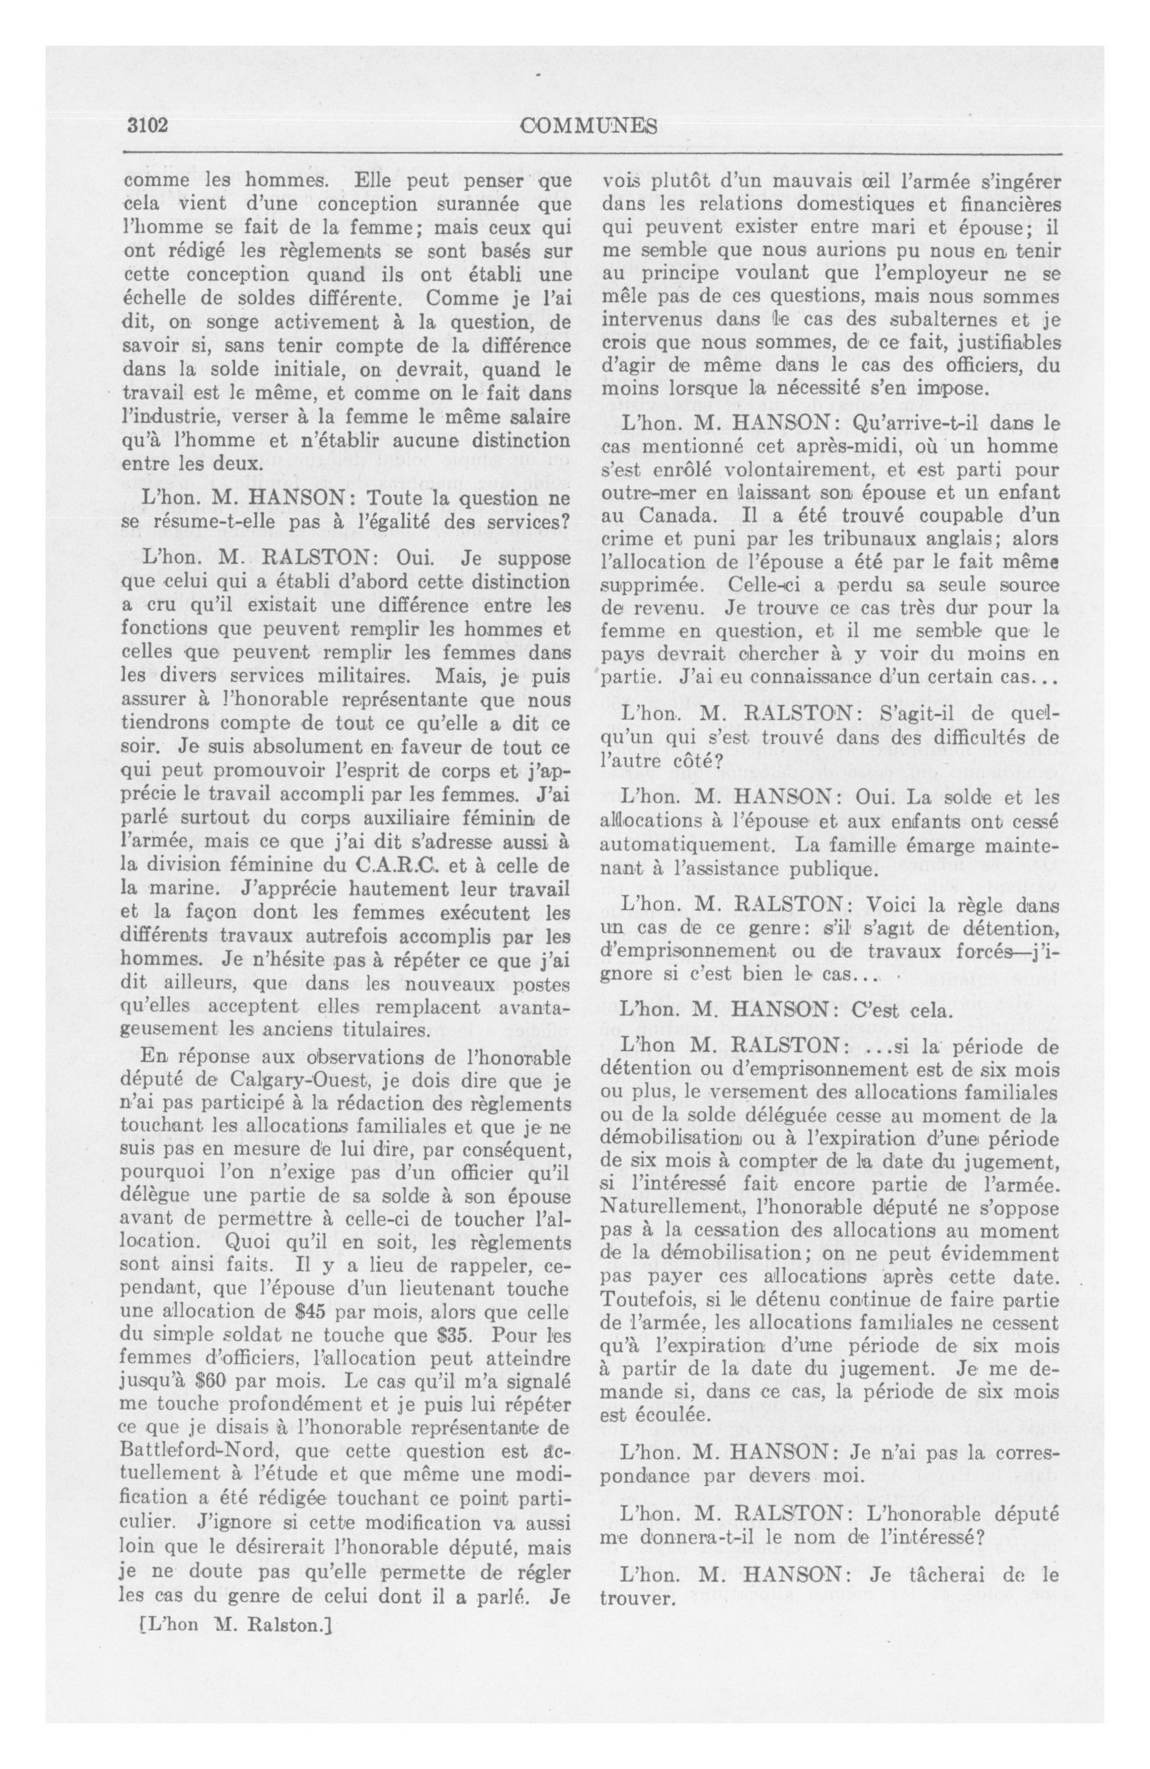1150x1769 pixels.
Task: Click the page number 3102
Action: tap(146, 125)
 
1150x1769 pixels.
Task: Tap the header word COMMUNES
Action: tap(588, 125)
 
